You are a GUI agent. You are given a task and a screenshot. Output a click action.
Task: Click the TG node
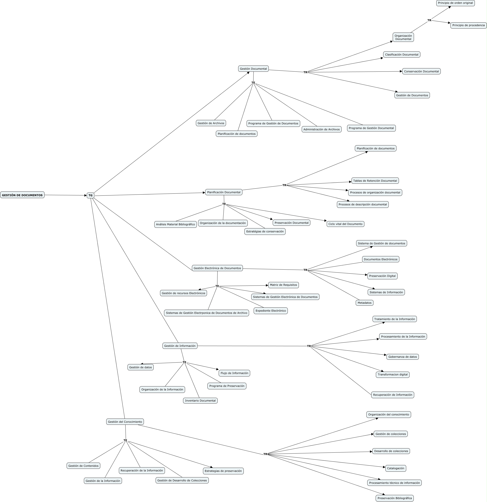(x=91, y=195)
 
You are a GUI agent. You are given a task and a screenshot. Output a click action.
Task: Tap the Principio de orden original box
(x=455, y=3)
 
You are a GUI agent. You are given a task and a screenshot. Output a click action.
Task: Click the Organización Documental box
(x=403, y=37)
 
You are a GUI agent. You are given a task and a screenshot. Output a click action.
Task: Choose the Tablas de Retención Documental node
(x=375, y=181)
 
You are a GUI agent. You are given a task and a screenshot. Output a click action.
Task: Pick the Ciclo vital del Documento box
(x=345, y=224)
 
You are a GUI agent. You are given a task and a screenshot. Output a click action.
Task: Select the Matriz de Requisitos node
(x=283, y=285)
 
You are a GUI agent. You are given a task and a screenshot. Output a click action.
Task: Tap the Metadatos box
(x=364, y=303)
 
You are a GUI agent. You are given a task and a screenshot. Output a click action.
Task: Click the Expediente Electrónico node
(x=271, y=311)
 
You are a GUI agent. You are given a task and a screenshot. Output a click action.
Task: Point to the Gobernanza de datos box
(x=402, y=357)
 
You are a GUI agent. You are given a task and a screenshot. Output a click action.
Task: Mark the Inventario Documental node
(x=200, y=401)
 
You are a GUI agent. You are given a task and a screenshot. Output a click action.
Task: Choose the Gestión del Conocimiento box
(x=125, y=422)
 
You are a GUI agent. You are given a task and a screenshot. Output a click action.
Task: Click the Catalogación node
(x=395, y=468)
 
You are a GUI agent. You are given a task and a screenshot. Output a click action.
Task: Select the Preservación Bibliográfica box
(x=394, y=498)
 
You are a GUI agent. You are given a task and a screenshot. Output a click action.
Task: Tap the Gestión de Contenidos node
(x=83, y=466)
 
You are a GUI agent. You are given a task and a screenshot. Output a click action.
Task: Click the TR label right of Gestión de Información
(x=309, y=346)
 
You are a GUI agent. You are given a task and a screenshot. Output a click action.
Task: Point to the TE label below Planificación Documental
(x=224, y=204)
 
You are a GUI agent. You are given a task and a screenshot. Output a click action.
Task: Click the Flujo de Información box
(x=234, y=373)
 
